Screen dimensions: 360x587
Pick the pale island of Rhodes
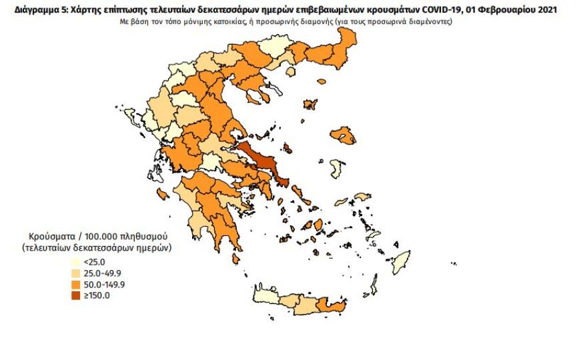point(401,262)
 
